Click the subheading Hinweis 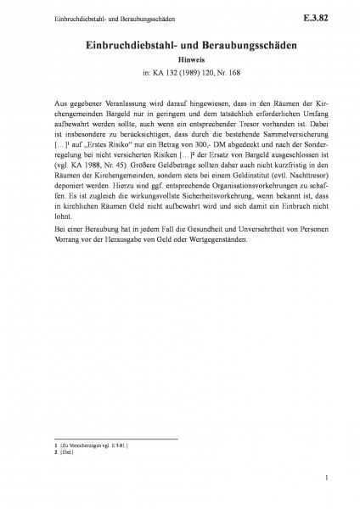click(x=180, y=60)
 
